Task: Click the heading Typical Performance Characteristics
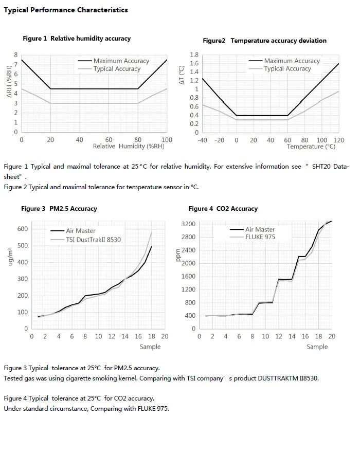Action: pos(66,10)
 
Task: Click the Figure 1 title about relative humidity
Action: pos(77,39)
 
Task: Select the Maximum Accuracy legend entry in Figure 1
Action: pos(114,61)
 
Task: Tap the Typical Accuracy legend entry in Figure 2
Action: pos(280,68)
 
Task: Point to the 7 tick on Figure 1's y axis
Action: pos(16,64)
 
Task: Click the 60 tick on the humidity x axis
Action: pos(109,140)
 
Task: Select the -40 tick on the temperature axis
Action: pos(202,140)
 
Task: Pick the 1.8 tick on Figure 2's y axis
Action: pos(194,55)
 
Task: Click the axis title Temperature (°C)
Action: pos(311,147)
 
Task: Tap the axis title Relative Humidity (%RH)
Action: pos(129,146)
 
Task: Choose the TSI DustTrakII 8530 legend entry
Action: pos(86,240)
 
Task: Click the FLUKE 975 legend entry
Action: pos(253,237)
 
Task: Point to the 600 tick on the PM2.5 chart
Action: pos(23,229)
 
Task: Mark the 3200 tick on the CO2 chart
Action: pos(189,224)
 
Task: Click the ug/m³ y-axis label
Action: pos(10,257)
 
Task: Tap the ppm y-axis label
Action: pos(178,255)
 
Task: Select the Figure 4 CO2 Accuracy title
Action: pos(223,209)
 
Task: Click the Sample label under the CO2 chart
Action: pos(317,347)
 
